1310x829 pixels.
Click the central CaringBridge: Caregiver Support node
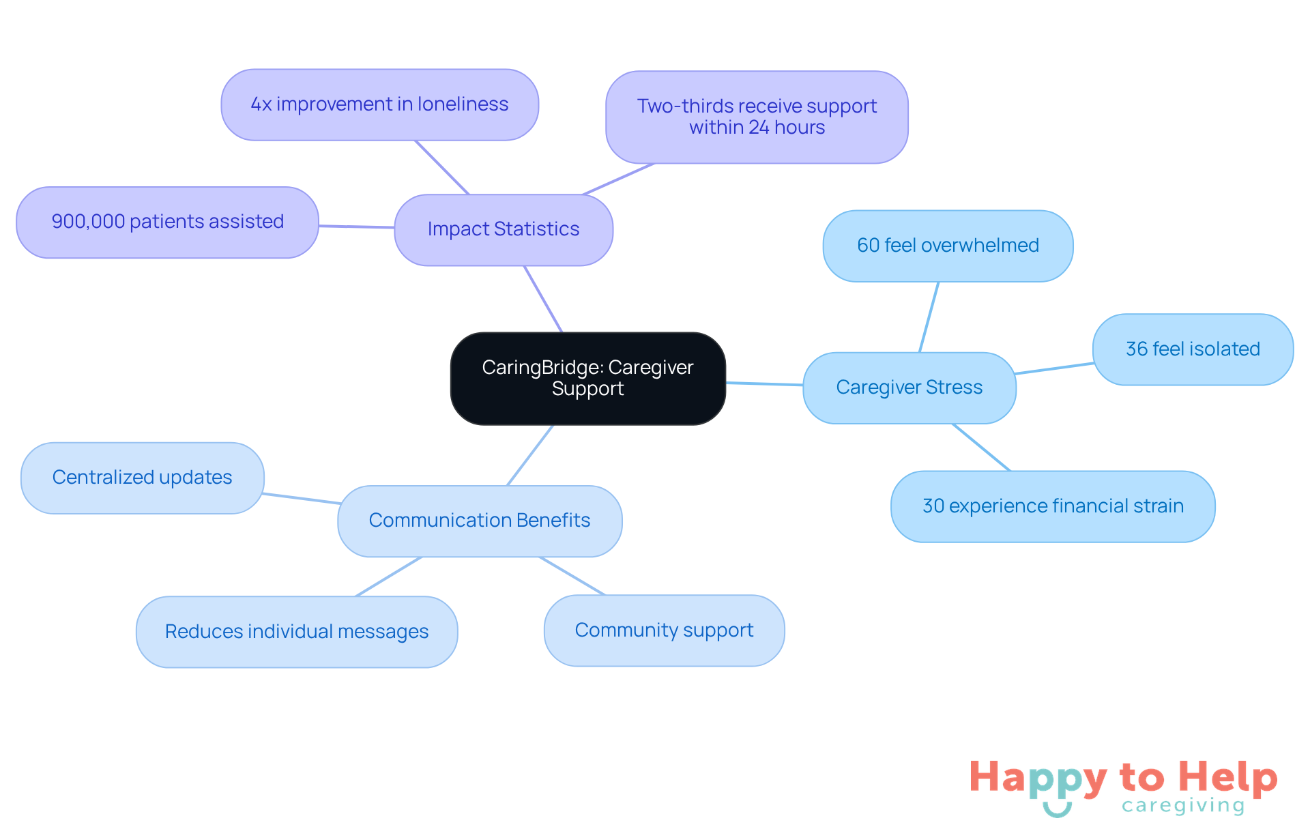coord(587,378)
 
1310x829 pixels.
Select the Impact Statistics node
coord(504,229)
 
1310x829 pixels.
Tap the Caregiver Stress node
coord(909,388)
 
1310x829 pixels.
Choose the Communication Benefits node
coord(480,521)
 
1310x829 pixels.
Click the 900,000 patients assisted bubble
coord(167,222)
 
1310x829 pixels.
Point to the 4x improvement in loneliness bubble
coord(379,104)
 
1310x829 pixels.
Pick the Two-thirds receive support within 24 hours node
coord(757,117)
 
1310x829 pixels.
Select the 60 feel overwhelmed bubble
coord(948,246)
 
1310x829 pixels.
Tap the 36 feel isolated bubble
coord(1193,349)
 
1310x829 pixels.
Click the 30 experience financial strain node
coord(1053,506)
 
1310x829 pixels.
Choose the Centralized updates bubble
coord(142,478)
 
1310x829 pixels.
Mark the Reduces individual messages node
coord(297,632)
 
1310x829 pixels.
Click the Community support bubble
coord(664,630)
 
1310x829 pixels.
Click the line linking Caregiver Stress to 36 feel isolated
coord(1054,368)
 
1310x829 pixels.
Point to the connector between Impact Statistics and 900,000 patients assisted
coord(356,227)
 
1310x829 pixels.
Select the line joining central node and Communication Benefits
coord(530,455)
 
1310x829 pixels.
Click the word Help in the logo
coord(1227,778)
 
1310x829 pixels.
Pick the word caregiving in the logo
coord(1183,806)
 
